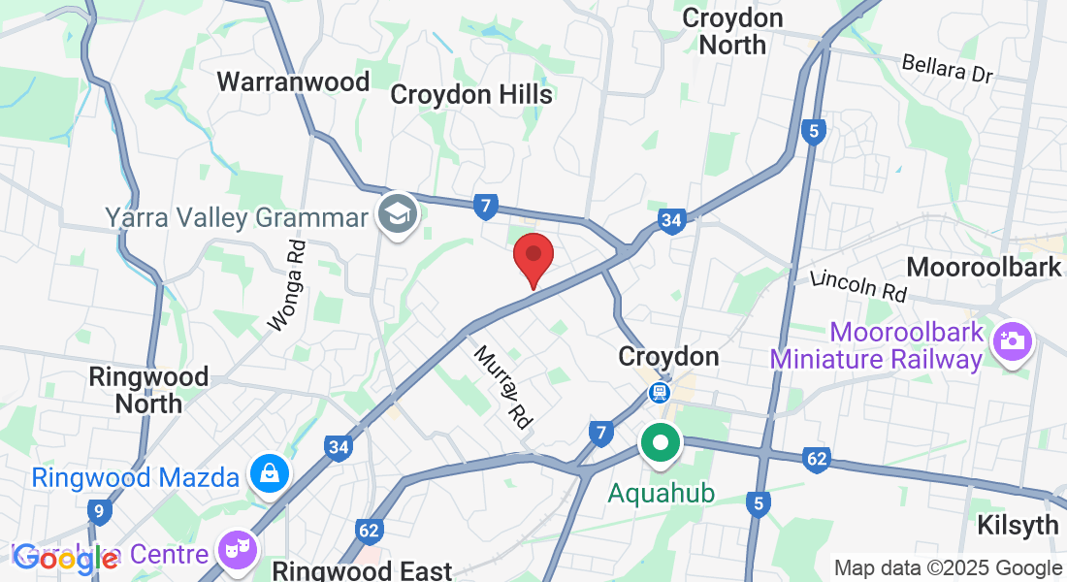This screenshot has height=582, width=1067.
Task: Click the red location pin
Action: (533, 256)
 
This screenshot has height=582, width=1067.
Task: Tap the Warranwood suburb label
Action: (293, 81)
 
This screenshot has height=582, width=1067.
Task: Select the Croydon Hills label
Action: (471, 94)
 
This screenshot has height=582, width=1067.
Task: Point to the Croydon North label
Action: (732, 31)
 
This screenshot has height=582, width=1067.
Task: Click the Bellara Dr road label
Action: (948, 68)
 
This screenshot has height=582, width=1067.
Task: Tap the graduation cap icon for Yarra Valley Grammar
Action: (398, 212)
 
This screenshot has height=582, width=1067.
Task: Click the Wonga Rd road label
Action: (287, 286)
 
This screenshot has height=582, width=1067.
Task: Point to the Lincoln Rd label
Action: (858, 285)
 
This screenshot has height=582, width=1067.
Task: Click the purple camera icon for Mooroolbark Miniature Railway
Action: (1013, 340)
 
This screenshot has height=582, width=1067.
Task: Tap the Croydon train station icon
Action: (661, 392)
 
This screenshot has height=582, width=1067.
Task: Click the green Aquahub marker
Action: (662, 445)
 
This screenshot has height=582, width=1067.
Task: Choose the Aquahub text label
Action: (662, 493)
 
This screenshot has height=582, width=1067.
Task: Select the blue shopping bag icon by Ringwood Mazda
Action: (265, 473)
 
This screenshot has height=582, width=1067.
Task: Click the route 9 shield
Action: (99, 510)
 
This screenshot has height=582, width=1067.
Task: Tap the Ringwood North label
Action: (148, 389)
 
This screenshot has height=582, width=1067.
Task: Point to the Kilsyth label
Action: (1018, 525)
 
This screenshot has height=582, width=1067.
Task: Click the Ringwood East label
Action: (362, 570)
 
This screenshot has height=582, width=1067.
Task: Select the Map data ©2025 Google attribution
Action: (948, 568)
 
